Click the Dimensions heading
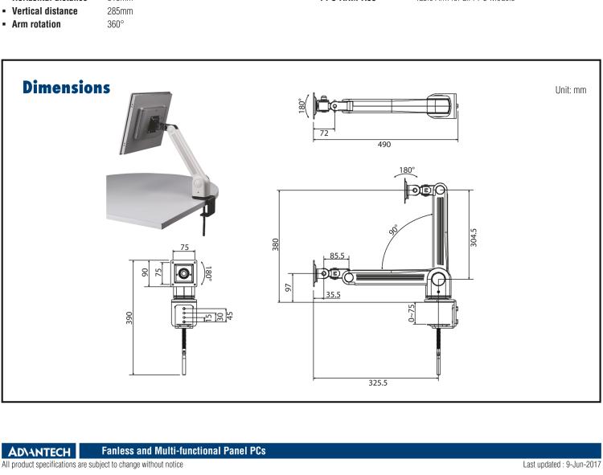[66, 87]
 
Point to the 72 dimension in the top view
[324, 133]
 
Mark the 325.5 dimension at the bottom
[378, 383]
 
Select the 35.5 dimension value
[333, 295]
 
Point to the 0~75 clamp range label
[412, 313]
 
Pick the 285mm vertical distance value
[120, 11]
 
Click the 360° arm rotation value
[116, 24]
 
